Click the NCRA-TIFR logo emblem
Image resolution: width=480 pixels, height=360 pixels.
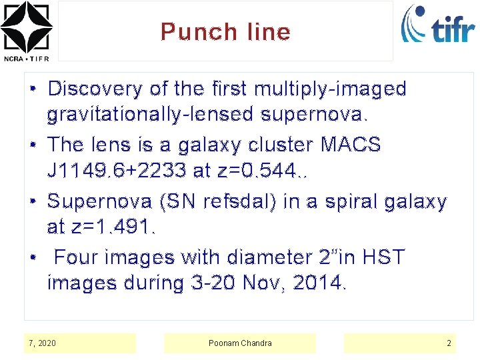[26, 27]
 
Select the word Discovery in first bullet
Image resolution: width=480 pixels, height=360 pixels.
[95, 89]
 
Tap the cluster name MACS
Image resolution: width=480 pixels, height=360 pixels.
[351, 145]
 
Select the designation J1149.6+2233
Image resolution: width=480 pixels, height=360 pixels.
[117, 171]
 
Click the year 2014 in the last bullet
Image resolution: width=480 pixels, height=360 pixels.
[319, 283]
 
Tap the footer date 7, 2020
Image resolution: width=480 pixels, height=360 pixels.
[43, 343]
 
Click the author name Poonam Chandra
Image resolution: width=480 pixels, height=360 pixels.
[240, 343]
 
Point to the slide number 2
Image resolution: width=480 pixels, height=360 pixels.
[449, 343]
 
